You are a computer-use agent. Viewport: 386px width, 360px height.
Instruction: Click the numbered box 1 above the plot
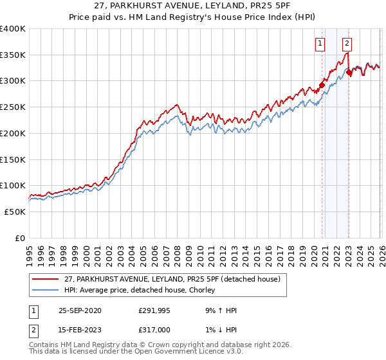[x=320, y=44]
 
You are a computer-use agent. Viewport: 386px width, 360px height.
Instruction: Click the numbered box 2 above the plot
[x=347, y=44]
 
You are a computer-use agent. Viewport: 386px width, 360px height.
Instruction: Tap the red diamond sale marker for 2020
[x=322, y=84]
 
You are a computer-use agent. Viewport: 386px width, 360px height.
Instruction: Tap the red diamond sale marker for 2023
[x=349, y=73]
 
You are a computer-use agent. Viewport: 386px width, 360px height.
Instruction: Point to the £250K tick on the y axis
[x=13, y=107]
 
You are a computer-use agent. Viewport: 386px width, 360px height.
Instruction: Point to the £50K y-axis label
[x=15, y=212]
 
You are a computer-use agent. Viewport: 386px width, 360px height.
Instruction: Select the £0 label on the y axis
[x=19, y=238]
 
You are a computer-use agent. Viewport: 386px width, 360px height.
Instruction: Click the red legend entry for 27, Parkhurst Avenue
[x=172, y=280]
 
